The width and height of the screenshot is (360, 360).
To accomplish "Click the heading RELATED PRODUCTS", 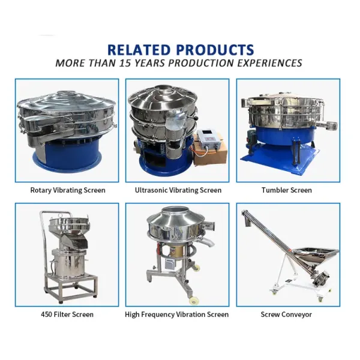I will click(x=180, y=50).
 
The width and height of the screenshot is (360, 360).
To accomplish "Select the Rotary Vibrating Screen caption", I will click(x=68, y=190).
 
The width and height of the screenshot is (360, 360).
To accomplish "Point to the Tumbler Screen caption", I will click(x=286, y=190).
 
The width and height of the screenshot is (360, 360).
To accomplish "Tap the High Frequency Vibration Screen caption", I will click(x=176, y=314).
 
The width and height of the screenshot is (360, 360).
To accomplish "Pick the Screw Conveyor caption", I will click(x=286, y=314).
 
